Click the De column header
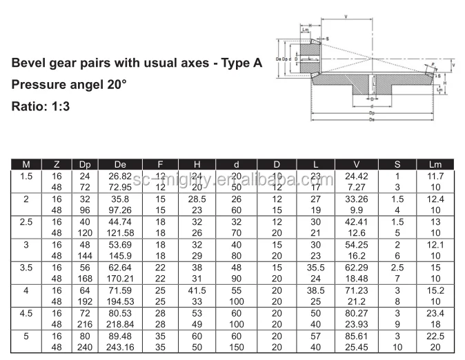pos(120,165)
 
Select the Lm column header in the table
pos(435,165)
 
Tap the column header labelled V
pos(356,165)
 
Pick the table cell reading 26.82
pos(120,177)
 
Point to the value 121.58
pos(120,232)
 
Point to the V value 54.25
pos(356,244)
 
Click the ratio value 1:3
pos(59,107)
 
